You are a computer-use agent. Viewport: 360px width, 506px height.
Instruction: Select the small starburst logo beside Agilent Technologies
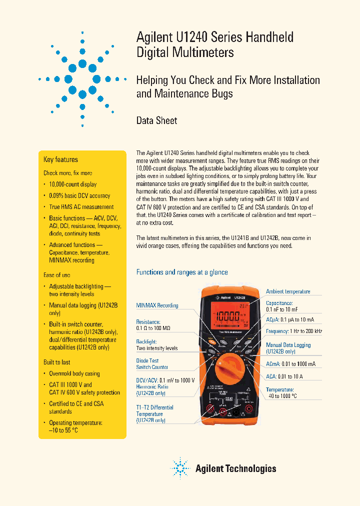pyautogui.click(x=180, y=468)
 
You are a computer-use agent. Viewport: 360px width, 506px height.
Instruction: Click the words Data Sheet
pyautogui.click(x=156, y=120)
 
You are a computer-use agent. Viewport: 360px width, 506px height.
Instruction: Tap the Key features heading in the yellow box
pyautogui.click(x=60, y=160)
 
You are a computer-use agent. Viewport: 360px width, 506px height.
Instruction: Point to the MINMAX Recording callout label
pyautogui.click(x=157, y=305)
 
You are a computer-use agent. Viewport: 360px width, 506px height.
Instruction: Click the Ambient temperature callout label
pyautogui.click(x=288, y=291)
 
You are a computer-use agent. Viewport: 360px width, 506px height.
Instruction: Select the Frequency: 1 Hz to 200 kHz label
pyautogui.click(x=294, y=331)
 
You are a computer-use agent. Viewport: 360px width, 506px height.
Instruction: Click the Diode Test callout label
pyautogui.click(x=148, y=360)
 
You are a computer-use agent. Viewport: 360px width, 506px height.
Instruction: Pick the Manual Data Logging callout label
pyautogui.click(x=288, y=345)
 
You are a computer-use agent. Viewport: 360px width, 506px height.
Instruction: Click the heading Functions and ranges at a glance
pyautogui.click(x=182, y=272)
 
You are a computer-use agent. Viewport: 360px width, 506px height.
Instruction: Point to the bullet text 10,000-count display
pyautogui.click(x=73, y=184)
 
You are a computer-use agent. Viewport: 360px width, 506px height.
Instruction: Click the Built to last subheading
pyautogui.click(x=56, y=362)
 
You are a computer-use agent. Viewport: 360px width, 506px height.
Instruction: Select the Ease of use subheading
pyautogui.click(x=56, y=275)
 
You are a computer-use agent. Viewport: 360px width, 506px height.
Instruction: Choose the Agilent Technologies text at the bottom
pyautogui.click(x=235, y=468)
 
